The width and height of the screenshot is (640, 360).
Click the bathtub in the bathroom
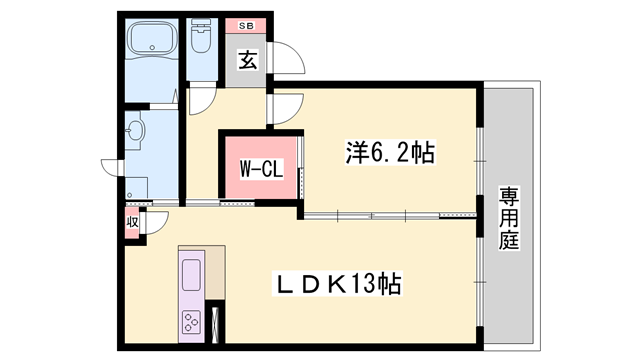[x=153, y=41]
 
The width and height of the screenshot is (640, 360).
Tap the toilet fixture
[x=201, y=40]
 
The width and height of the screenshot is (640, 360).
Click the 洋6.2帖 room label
[x=388, y=154]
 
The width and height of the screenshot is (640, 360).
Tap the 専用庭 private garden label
[x=511, y=217]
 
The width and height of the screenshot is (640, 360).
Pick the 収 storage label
[x=132, y=222]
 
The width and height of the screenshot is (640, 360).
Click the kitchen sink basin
[x=191, y=272]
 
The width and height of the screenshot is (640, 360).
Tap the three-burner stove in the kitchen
[x=191, y=320]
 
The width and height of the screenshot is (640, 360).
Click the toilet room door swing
[x=199, y=99]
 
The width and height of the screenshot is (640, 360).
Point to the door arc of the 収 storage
[x=156, y=225]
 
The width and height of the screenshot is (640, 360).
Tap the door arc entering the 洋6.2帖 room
[x=283, y=109]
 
